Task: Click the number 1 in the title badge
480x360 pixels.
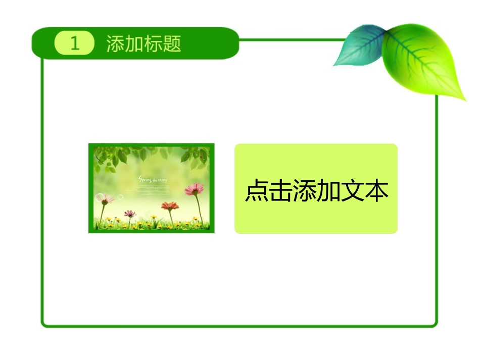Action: (x=75, y=44)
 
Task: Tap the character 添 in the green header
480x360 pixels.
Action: (x=116, y=44)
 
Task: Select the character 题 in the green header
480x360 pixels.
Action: (x=172, y=44)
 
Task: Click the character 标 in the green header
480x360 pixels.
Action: (x=154, y=44)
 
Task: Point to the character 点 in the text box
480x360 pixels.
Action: (x=257, y=191)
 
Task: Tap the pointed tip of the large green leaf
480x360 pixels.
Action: (x=464, y=99)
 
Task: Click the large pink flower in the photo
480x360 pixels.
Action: (x=194, y=189)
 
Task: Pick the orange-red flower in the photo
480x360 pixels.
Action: (x=170, y=206)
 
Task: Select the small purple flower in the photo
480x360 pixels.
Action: (x=130, y=214)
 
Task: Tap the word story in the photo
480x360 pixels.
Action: (x=163, y=179)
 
